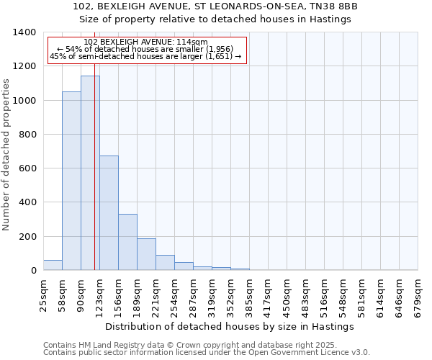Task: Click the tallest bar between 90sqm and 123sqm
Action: (90, 173)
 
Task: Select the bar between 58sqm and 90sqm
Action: (71, 181)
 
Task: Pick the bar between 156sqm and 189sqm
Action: (127, 242)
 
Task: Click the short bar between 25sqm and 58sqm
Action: (53, 265)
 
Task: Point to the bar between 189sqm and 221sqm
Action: (146, 254)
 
